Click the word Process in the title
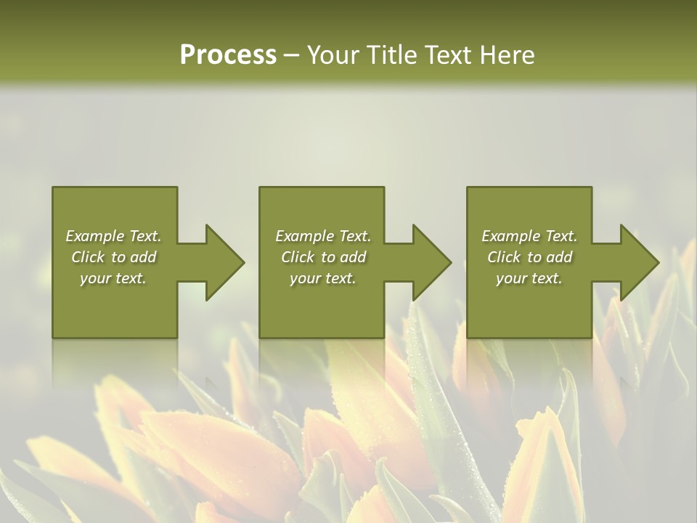[228, 55]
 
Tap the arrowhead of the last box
[638, 262]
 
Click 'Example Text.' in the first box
[113, 236]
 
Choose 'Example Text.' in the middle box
[323, 236]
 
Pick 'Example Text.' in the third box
[529, 236]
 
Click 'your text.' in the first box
[113, 278]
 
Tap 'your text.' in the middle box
[323, 278]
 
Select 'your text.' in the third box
[529, 278]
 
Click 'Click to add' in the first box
[113, 257]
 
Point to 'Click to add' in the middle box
[323, 257]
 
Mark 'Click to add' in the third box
[529, 257]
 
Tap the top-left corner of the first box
[54, 188]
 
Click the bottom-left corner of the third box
[468, 336]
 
